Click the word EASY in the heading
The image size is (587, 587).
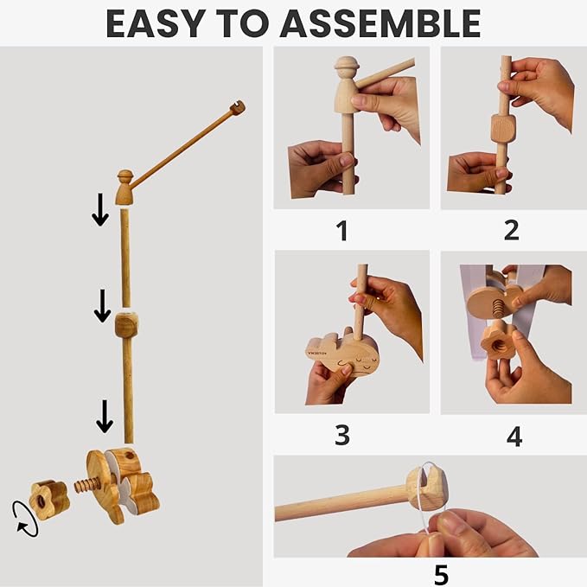[x=156, y=23]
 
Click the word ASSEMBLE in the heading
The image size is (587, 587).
[x=380, y=23]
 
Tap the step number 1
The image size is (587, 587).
[x=341, y=230]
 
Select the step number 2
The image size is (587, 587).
[x=512, y=230]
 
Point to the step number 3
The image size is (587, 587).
[x=342, y=435]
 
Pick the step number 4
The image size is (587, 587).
[x=514, y=436]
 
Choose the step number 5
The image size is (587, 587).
[x=441, y=574]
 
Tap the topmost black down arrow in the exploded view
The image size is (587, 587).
[x=100, y=209]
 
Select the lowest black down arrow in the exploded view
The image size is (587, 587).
[x=105, y=417]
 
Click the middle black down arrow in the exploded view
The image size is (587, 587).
[x=102, y=305]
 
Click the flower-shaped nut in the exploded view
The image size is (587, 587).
[x=49, y=500]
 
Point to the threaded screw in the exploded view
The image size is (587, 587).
[x=86, y=486]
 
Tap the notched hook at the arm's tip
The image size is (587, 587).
[x=238, y=108]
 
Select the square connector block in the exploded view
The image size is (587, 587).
[x=126, y=325]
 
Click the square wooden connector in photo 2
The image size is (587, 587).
[x=503, y=129]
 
